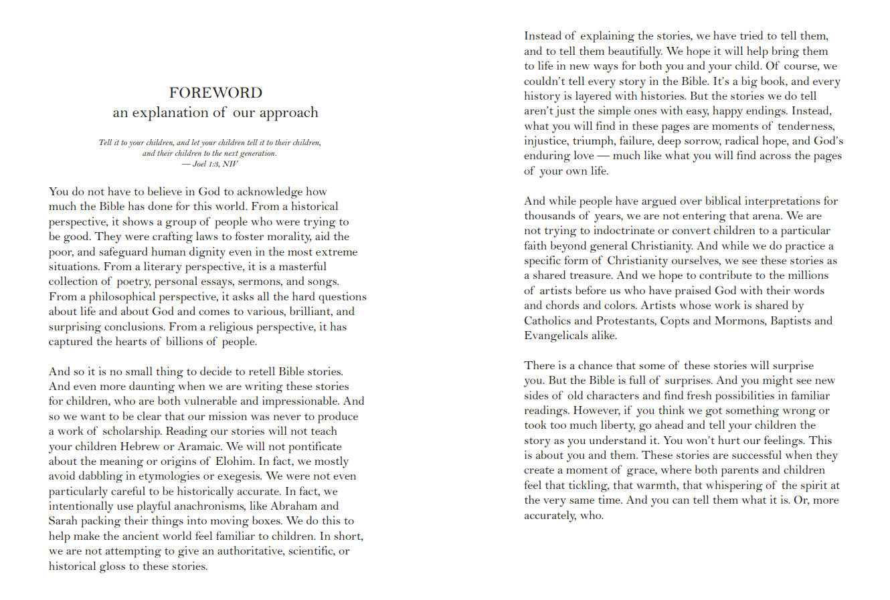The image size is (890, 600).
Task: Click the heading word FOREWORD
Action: [215, 93]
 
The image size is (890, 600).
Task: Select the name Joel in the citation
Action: [199, 164]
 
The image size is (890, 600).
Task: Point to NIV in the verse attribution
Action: [230, 164]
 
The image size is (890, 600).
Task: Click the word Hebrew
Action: [143, 446]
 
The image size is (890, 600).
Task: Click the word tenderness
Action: [805, 126]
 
